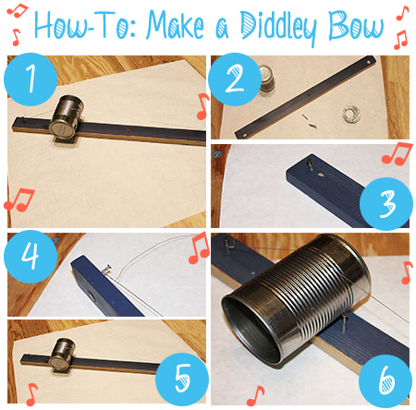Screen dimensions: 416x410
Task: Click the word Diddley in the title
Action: click(x=278, y=27)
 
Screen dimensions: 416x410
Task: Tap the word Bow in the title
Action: click(x=356, y=25)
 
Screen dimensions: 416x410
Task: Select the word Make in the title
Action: click(x=176, y=25)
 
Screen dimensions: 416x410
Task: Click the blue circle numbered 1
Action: click(x=31, y=79)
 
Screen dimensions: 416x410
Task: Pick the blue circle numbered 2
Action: click(x=235, y=79)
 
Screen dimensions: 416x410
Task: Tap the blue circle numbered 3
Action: click(x=386, y=204)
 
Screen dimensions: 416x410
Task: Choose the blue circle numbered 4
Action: click(x=31, y=257)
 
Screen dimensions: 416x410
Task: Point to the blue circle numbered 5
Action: click(x=182, y=380)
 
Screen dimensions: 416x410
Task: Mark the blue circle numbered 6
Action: click(x=385, y=381)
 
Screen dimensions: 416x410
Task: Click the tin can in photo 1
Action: click(x=67, y=116)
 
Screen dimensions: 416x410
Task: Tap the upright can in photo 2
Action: click(x=265, y=79)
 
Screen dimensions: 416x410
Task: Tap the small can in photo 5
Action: click(x=62, y=354)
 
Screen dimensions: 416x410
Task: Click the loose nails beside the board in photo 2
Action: click(x=309, y=121)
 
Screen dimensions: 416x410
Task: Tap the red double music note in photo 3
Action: click(x=397, y=153)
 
